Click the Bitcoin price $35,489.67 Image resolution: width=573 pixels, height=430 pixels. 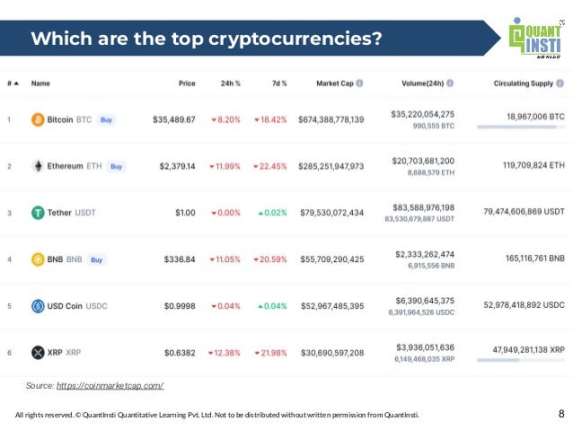point(173,119)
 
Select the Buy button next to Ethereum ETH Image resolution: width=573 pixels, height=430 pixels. point(117,166)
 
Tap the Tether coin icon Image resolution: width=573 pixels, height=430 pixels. point(38,213)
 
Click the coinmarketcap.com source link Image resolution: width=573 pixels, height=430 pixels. point(110,385)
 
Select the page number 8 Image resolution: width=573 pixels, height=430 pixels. point(561,414)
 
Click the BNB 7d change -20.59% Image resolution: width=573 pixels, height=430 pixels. point(269,259)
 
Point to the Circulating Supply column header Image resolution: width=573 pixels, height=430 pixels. point(524,83)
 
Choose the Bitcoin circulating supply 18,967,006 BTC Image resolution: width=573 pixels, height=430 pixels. point(530,117)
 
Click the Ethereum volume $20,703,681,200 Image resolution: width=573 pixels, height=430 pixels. point(422,160)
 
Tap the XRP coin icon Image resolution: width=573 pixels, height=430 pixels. point(38,353)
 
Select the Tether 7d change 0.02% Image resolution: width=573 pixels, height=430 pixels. point(270,213)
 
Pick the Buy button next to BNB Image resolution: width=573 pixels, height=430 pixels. point(97,259)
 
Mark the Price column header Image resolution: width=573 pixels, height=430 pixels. point(187,83)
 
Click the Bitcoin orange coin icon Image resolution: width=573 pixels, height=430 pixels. point(38,119)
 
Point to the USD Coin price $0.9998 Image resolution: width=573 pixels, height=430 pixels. point(177,306)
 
